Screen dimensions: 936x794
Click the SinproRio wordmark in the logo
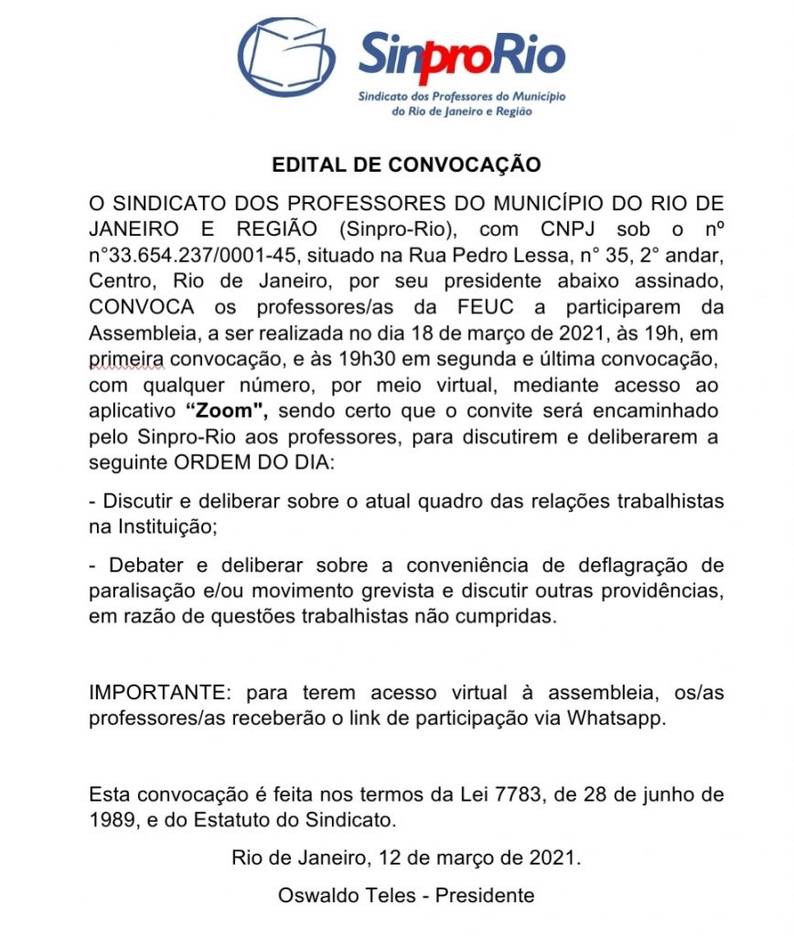point(461,55)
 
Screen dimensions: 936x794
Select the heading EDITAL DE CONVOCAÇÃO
point(406,165)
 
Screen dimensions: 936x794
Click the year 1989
point(109,819)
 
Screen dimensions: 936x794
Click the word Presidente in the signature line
point(485,895)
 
